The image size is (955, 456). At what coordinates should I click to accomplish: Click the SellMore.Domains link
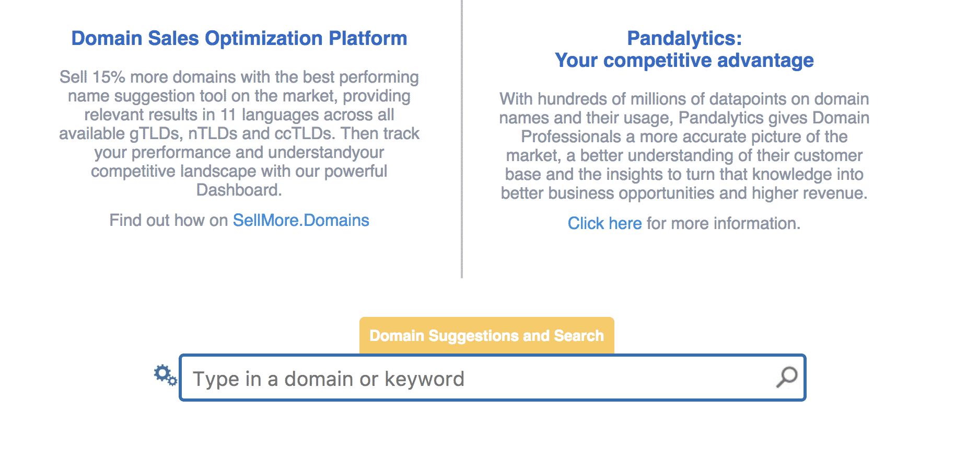[x=301, y=220]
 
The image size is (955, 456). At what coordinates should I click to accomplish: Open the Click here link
[x=604, y=223]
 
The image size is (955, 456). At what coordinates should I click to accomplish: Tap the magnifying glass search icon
[x=787, y=377]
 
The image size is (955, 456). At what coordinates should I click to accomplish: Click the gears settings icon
[x=165, y=375]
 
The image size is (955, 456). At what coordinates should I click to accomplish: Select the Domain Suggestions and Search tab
[x=486, y=335]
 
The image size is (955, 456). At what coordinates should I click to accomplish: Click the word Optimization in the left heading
[x=264, y=39]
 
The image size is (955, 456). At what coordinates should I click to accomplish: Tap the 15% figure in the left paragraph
[x=109, y=77]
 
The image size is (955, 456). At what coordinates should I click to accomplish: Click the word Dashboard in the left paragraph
[x=237, y=190]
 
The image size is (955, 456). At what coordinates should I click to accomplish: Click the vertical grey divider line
[x=462, y=139]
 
